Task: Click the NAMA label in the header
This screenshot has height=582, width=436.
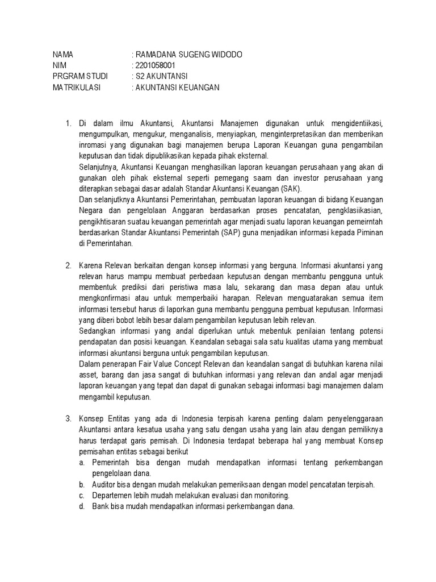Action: pyautogui.click(x=63, y=55)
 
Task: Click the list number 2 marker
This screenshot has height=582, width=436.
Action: pyautogui.click(x=67, y=265)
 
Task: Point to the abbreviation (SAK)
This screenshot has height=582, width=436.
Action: pyautogui.click(x=292, y=189)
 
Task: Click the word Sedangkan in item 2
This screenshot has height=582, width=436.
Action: pyautogui.click(x=97, y=331)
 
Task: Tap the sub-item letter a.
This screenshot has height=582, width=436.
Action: pyautogui.click(x=82, y=463)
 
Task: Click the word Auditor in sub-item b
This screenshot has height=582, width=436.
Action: pyautogui.click(x=104, y=485)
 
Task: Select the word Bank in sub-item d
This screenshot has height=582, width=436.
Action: pyautogui.click(x=100, y=506)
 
